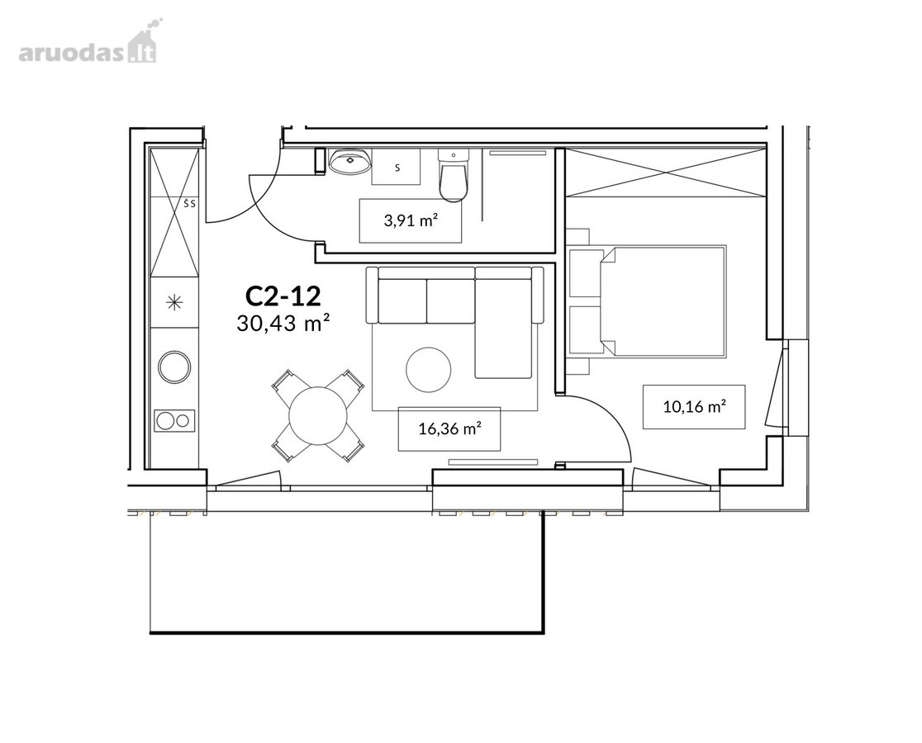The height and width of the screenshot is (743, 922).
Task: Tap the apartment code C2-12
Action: (x=283, y=296)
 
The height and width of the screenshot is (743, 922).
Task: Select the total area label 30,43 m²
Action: (x=283, y=323)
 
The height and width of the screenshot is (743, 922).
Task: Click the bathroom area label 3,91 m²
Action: (x=411, y=221)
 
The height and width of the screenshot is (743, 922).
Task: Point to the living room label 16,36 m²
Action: (x=449, y=428)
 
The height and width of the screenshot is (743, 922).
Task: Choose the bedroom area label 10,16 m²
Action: (x=694, y=406)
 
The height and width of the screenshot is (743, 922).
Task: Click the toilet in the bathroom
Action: (x=454, y=175)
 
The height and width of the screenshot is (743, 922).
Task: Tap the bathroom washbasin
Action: (x=349, y=161)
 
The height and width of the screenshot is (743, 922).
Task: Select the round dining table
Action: (x=318, y=416)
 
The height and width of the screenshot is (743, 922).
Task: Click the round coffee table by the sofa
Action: (x=429, y=370)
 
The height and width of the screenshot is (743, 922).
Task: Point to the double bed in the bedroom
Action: (x=662, y=301)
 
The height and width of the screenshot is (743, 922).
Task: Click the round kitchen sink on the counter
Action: (x=174, y=367)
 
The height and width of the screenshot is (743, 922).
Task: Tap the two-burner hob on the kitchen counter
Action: (x=174, y=420)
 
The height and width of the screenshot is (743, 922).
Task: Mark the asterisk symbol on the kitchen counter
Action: (x=174, y=302)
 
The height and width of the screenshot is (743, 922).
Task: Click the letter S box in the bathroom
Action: (x=397, y=168)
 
